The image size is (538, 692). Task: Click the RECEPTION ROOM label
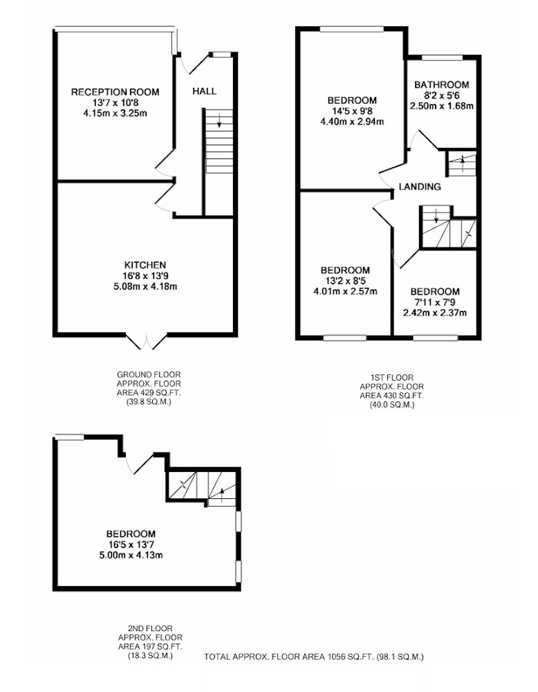coord(115,92)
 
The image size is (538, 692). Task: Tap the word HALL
coord(204,91)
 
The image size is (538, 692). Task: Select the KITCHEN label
coord(145,265)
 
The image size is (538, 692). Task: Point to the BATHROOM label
coord(441,84)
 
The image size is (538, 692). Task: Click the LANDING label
coord(419,187)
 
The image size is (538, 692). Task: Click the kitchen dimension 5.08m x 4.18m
coord(145,286)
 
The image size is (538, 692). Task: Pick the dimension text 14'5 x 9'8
coord(352,111)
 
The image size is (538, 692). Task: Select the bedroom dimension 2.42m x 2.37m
coord(435,313)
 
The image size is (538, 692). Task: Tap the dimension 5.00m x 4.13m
coord(131,555)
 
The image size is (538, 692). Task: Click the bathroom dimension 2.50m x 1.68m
coord(441,106)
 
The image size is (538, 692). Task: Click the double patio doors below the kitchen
coord(147,341)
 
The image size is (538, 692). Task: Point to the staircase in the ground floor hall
coord(219,141)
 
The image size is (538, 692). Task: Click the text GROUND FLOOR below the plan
coord(149,374)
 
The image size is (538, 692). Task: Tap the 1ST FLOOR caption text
coord(392,378)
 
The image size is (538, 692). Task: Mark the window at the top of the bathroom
coord(443,57)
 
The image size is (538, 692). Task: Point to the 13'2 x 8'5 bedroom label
coord(345,281)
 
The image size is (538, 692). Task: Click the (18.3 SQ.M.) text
coord(150,655)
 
